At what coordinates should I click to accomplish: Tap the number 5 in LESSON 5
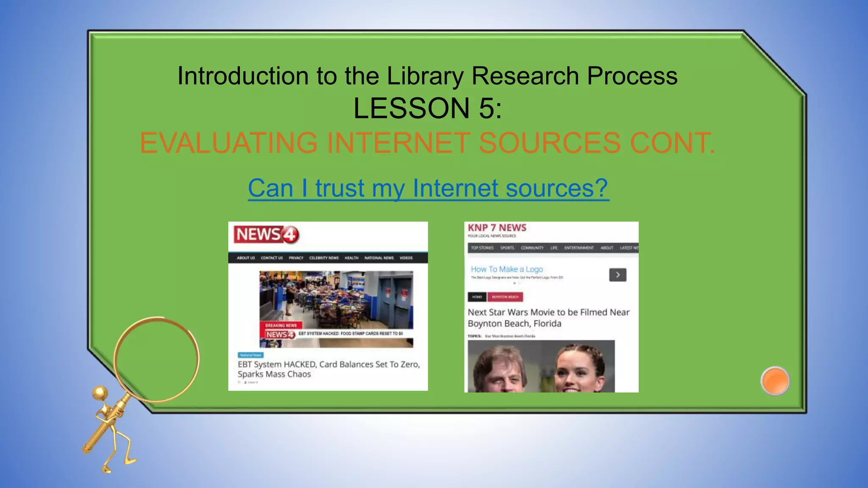click(x=487, y=108)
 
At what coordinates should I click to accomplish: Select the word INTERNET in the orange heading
click(x=398, y=143)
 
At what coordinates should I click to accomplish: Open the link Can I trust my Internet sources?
click(x=428, y=188)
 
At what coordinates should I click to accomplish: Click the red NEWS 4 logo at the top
click(x=266, y=235)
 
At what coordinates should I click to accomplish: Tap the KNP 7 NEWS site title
click(x=497, y=228)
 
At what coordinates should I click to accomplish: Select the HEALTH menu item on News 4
click(x=351, y=258)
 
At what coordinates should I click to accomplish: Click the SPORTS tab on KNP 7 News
click(x=507, y=248)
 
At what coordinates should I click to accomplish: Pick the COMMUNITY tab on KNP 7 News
click(x=532, y=248)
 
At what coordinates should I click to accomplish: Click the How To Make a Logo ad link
click(x=506, y=269)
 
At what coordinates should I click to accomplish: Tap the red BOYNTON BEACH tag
click(x=505, y=297)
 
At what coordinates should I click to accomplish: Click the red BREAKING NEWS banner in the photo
click(x=281, y=325)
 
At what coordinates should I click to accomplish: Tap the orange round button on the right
click(x=775, y=381)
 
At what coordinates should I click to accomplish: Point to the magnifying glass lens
click(x=156, y=359)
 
